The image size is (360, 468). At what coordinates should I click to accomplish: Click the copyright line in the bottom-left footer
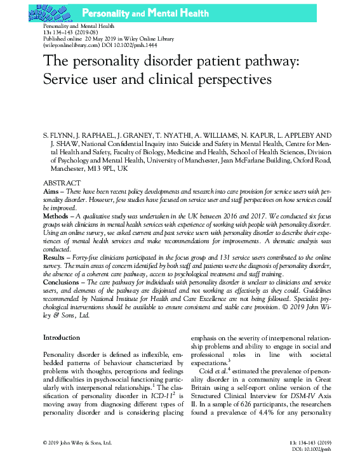76,441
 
